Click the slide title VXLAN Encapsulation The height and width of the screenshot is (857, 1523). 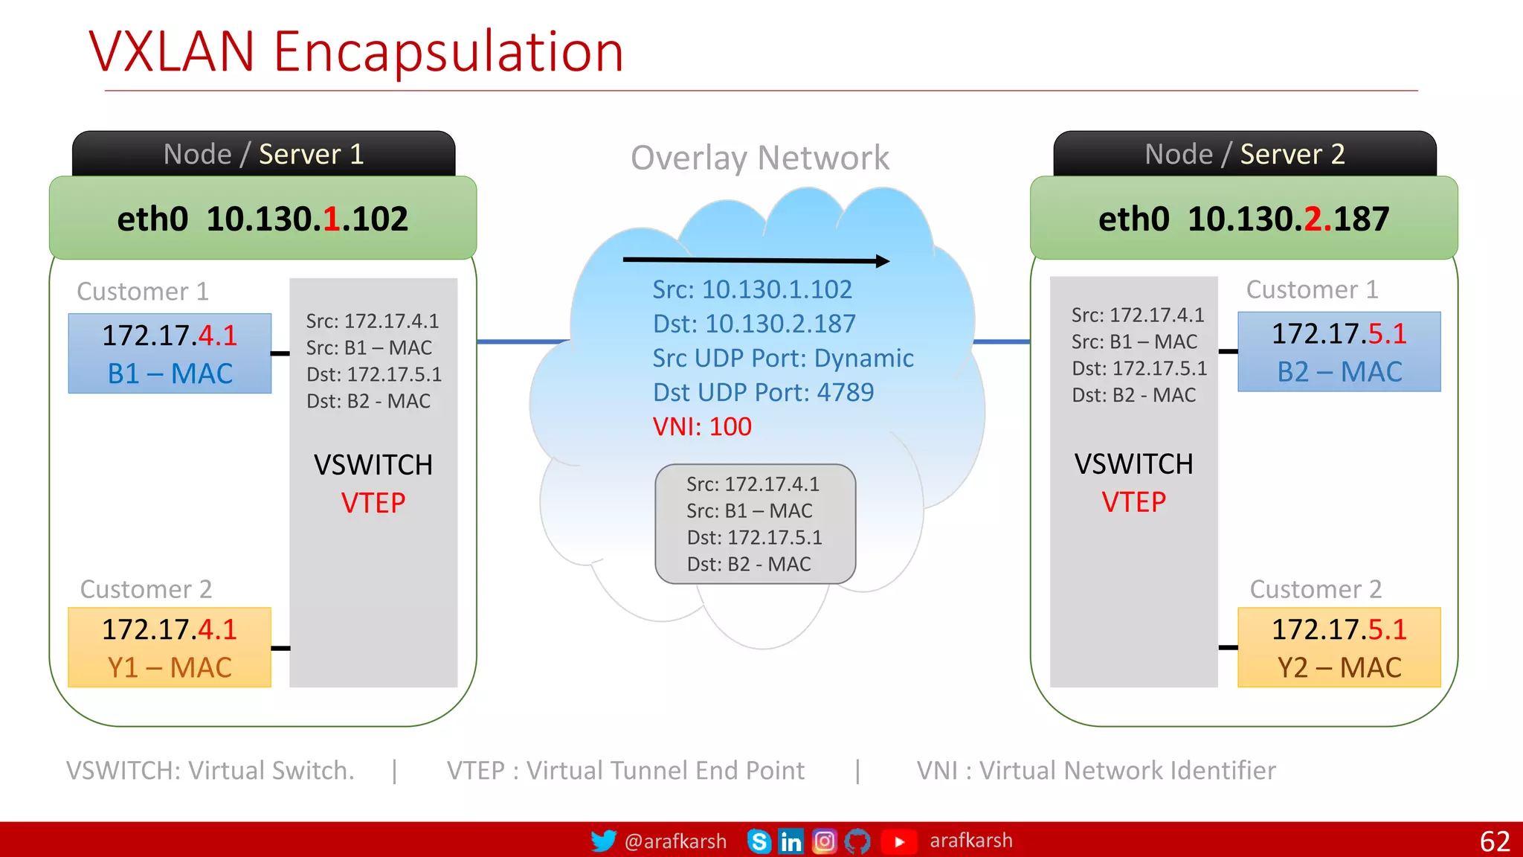[356, 52]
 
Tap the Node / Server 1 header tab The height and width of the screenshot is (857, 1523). [263, 154]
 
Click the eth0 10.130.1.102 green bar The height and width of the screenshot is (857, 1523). [263, 219]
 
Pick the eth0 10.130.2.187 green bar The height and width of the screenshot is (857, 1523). [1243, 219]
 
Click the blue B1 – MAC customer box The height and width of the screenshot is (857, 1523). [170, 353]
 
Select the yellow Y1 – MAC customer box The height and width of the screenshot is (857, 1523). [170, 647]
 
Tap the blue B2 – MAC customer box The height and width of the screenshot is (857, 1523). [1339, 352]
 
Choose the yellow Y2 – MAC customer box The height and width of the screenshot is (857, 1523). [1339, 647]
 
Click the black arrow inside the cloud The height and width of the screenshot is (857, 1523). [756, 260]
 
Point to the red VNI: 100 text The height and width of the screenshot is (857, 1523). [702, 426]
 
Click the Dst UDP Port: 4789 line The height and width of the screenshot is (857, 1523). [763, 392]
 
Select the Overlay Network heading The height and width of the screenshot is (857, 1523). [759, 158]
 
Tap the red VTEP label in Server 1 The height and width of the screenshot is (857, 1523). [373, 503]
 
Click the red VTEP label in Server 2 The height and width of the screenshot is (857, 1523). [1133, 502]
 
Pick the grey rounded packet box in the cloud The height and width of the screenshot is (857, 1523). [755, 524]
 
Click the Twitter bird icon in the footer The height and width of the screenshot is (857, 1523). [603, 841]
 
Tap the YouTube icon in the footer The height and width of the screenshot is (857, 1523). [898, 841]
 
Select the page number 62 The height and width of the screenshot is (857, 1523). [1495, 841]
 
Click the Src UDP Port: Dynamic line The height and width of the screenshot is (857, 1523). [783, 358]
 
